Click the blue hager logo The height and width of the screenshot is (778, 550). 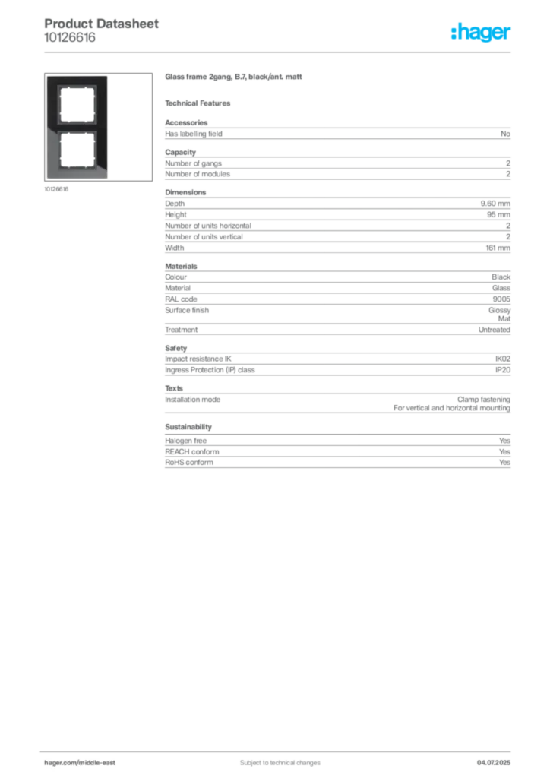pos(482,33)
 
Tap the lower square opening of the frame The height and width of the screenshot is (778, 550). pos(76,152)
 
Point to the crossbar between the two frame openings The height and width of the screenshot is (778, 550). pos(76,128)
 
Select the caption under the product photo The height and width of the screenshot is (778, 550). pos(58,189)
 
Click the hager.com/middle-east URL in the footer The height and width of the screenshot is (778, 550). pos(84,762)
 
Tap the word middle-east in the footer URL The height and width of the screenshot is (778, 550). pos(100,762)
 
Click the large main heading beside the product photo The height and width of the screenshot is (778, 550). pos(234,78)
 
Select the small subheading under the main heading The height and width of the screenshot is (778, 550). pos(201,103)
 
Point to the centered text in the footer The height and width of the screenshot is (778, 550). pos(273,757)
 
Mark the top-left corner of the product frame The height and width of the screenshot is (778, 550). pos(47,77)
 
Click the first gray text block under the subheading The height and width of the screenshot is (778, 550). pos(337,134)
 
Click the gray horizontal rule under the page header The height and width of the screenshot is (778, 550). pos(280,52)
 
